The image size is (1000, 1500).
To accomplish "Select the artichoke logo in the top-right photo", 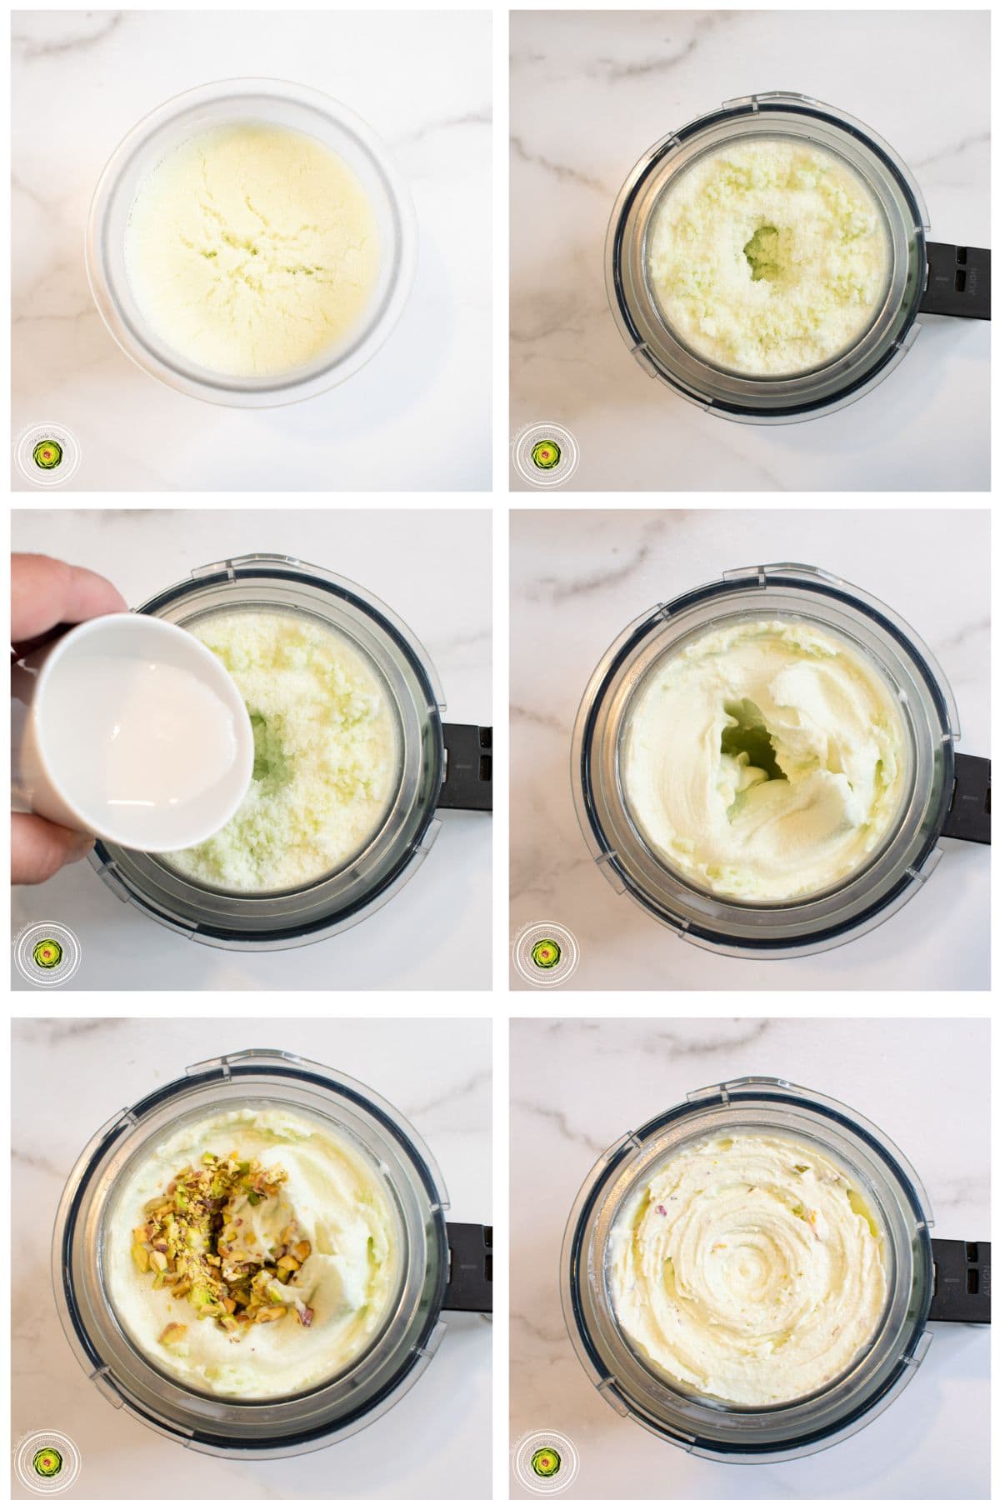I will coord(545,455).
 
